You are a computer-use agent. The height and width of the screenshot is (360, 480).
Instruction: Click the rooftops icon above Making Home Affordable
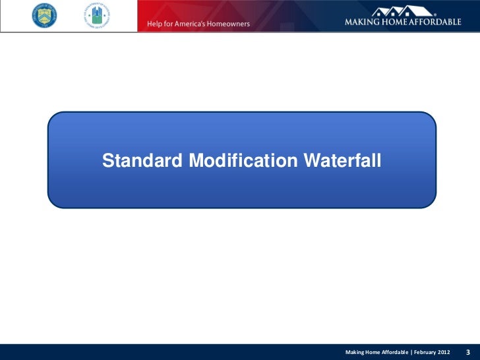(x=403, y=10)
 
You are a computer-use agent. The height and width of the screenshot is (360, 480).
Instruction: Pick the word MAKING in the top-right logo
(x=363, y=22)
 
